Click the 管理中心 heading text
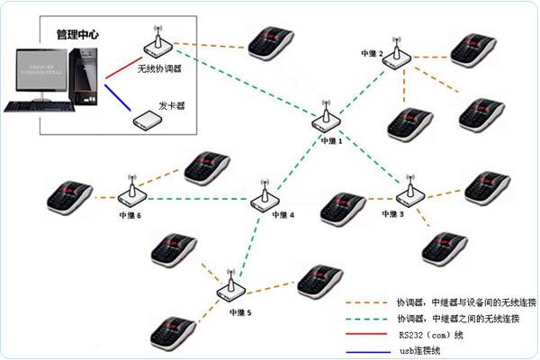point(77,34)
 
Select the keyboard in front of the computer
point(34,106)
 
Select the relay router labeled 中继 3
point(410,196)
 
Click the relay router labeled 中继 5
point(230,289)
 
